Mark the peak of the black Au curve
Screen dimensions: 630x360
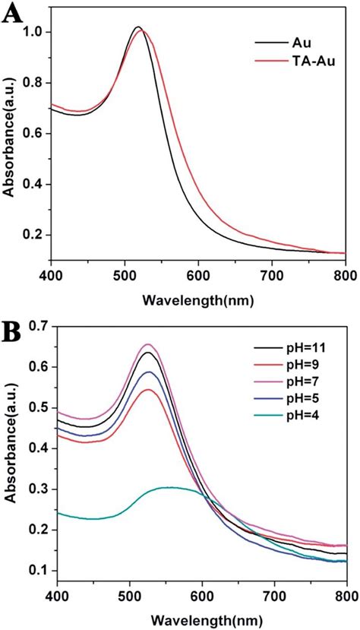click(x=137, y=27)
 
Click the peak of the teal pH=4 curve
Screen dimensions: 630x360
click(x=169, y=487)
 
